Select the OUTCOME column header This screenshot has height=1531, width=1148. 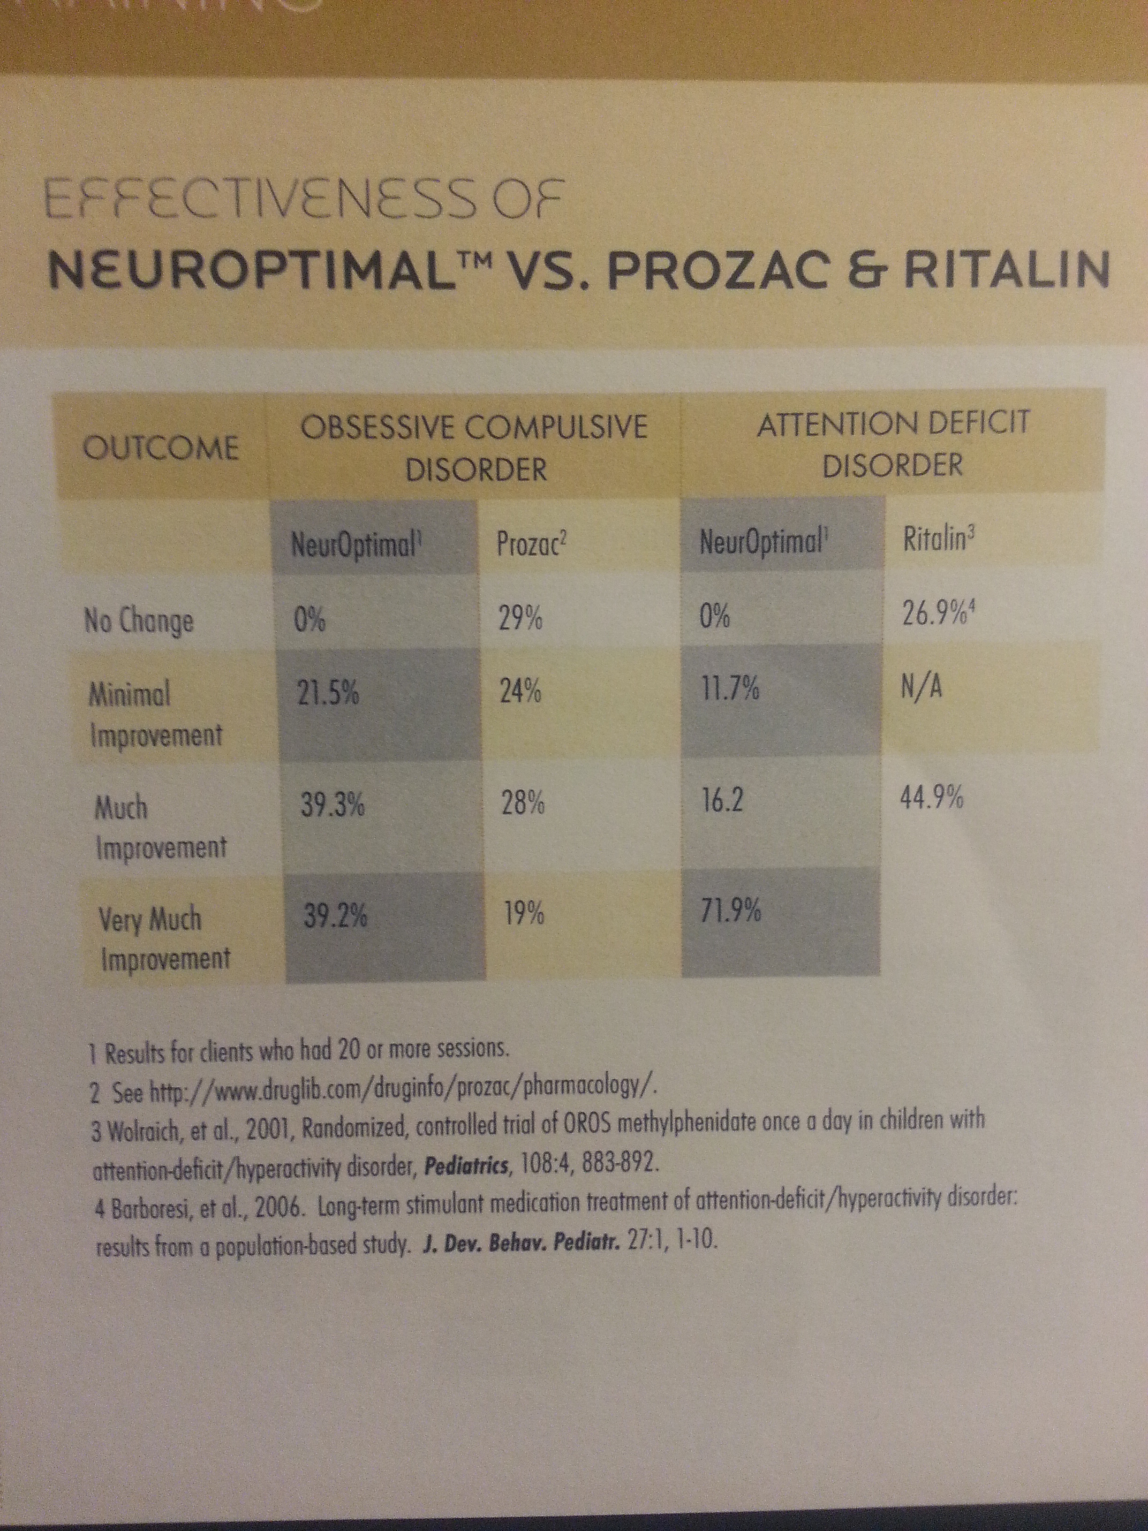pyautogui.click(x=161, y=448)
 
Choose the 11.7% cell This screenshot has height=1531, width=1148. pyautogui.click(x=729, y=690)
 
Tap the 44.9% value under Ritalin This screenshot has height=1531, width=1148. pyautogui.click(x=931, y=799)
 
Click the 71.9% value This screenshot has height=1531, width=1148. pyautogui.click(x=731, y=911)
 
